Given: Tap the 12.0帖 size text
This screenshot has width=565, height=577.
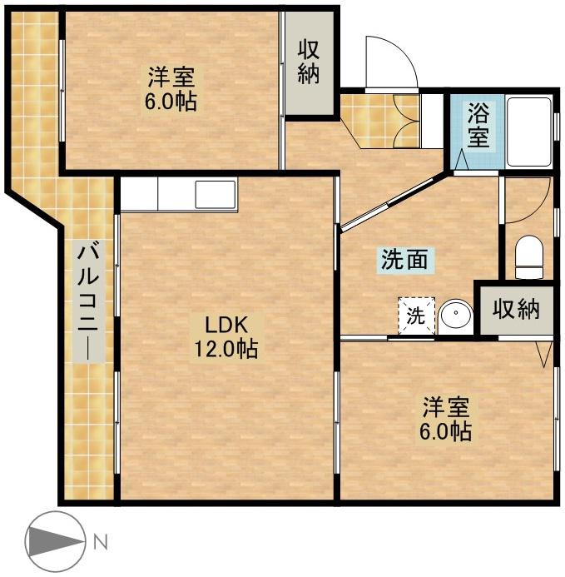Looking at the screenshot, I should (226, 348).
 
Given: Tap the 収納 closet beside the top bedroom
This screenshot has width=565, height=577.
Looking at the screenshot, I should (309, 62).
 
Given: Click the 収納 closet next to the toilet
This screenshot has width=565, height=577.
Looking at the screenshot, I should (515, 309).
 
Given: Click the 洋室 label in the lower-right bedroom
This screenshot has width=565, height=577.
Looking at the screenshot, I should (446, 408).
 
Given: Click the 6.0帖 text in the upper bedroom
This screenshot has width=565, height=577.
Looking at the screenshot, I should (172, 103).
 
